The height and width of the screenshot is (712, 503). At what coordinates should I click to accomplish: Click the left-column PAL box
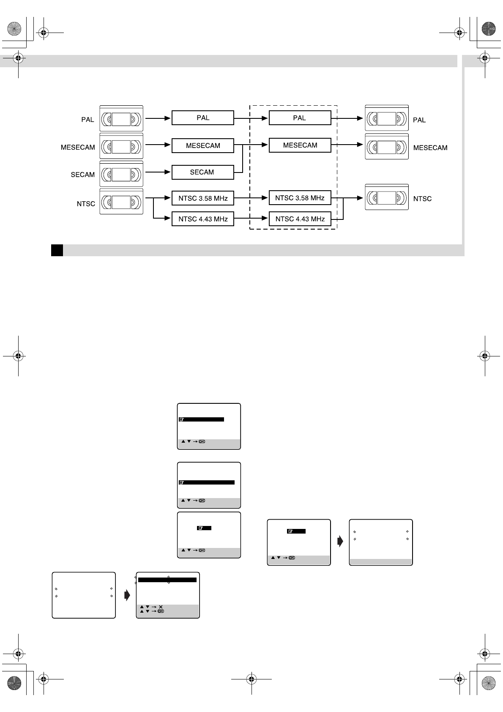[x=202, y=118]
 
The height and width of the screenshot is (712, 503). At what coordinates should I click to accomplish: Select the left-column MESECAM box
[x=202, y=146]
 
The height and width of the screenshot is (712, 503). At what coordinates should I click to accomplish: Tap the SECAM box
[x=202, y=173]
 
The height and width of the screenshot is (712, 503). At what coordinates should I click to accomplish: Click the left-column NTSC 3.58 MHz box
[x=202, y=198]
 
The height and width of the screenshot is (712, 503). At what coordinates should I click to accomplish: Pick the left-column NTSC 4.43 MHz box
[x=202, y=219]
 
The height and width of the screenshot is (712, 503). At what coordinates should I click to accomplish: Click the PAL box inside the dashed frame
[x=300, y=118]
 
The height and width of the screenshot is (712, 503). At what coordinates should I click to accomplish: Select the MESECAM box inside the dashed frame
[x=300, y=145]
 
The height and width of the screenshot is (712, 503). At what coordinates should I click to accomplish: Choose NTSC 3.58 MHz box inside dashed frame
[x=300, y=198]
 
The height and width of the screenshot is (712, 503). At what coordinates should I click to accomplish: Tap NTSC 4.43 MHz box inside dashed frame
[x=300, y=219]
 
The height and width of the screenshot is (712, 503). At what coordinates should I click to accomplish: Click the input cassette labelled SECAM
[x=121, y=174]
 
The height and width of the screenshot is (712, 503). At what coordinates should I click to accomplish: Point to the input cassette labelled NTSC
[x=121, y=202]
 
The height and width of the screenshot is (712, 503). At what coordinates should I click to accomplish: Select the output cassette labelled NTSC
[x=387, y=197]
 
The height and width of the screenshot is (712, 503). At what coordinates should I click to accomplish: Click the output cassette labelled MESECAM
[x=387, y=147]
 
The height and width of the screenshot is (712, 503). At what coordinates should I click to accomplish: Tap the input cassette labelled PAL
[x=121, y=118]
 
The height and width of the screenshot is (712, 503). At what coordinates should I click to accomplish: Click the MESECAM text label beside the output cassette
[x=430, y=148]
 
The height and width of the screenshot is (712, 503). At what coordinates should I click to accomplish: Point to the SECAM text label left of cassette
[x=82, y=175]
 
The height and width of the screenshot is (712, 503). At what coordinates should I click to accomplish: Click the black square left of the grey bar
[x=57, y=250]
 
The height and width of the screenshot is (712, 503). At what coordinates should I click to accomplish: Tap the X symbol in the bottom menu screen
[x=161, y=607]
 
